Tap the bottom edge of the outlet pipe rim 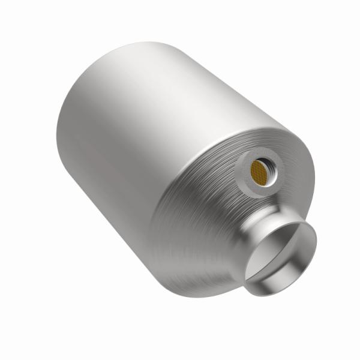(282, 281)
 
